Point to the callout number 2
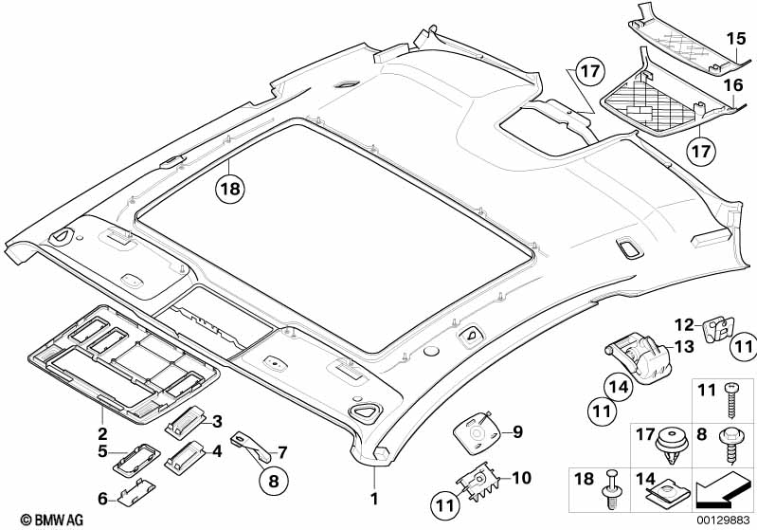(101, 431)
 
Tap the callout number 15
(736, 39)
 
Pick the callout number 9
(517, 432)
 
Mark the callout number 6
(101, 497)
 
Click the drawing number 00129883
(725, 520)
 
